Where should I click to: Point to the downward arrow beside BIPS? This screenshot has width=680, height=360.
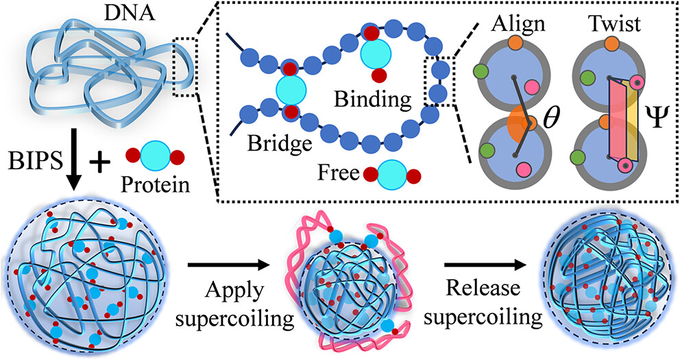point(74,158)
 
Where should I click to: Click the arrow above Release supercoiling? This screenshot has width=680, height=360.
point(483,263)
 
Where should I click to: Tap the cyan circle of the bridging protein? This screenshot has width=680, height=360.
point(289,90)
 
